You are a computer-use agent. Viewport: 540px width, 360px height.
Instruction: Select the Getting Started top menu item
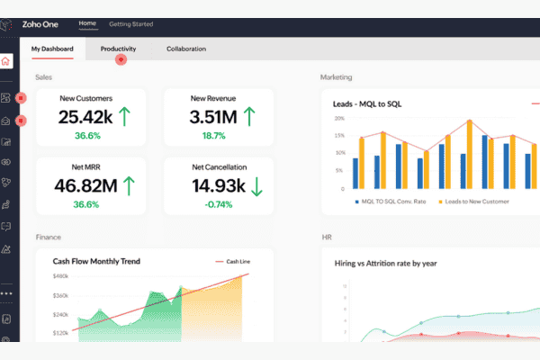tap(130, 23)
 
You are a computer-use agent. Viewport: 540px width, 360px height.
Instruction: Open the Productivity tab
tap(118, 49)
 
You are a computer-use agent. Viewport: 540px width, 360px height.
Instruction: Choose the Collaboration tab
tap(185, 49)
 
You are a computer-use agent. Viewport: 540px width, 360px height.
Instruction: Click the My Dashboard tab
tap(52, 49)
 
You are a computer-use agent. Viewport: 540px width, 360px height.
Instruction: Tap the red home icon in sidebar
tap(6, 62)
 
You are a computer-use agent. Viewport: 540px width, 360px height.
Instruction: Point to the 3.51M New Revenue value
tap(212, 116)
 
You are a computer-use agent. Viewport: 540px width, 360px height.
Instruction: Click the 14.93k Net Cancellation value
tap(213, 185)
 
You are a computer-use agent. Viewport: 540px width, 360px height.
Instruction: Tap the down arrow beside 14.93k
tap(256, 185)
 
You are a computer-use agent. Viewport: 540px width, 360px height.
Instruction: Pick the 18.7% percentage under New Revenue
tap(213, 135)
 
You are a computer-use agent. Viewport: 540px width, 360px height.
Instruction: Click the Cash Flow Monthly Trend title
tap(96, 261)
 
